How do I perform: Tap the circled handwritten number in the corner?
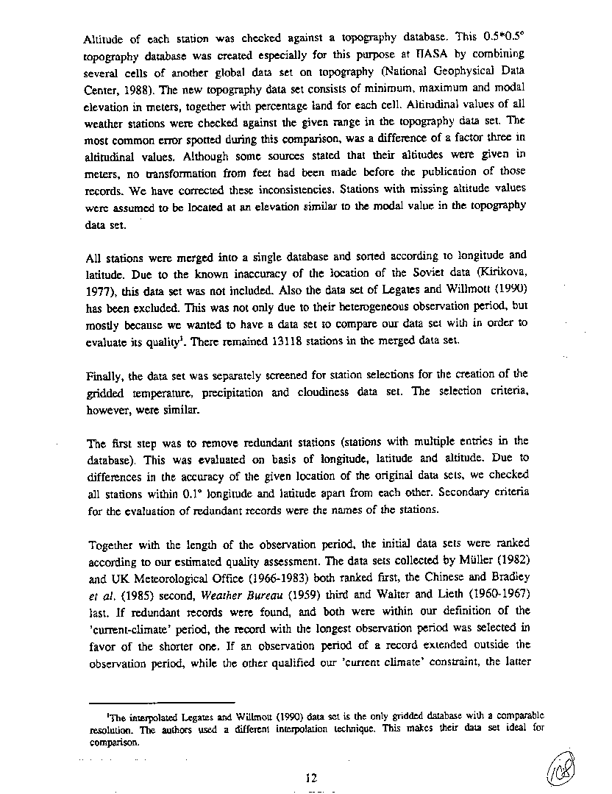(566, 768)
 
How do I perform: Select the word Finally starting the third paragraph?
(104, 375)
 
